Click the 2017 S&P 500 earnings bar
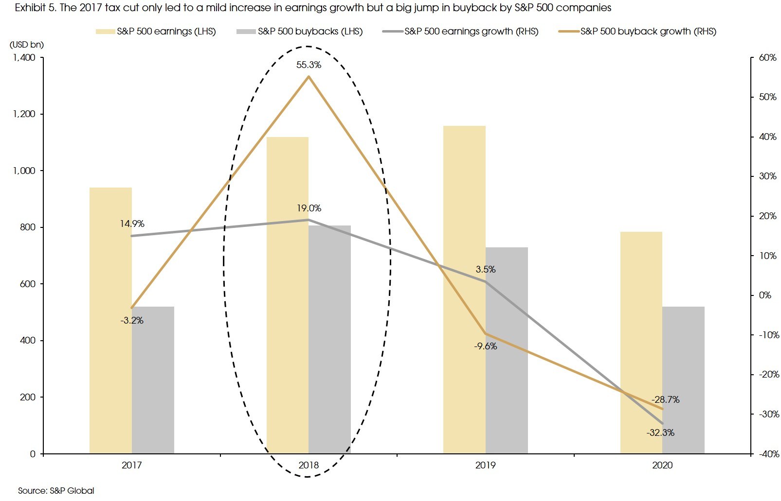tap(110, 321)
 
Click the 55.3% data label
tap(309, 65)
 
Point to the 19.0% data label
tap(309, 208)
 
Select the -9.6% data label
tap(485, 346)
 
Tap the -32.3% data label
tap(660, 432)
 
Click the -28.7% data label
tap(666, 399)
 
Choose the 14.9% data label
tap(132, 224)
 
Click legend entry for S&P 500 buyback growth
tap(648, 32)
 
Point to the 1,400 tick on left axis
tap(24, 57)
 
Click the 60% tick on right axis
tap(767, 57)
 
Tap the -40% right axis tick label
tap(769, 454)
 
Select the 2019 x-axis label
tap(485, 465)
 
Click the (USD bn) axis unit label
tap(27, 45)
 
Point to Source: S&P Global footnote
tap(56, 491)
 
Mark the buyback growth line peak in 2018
tap(309, 76)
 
